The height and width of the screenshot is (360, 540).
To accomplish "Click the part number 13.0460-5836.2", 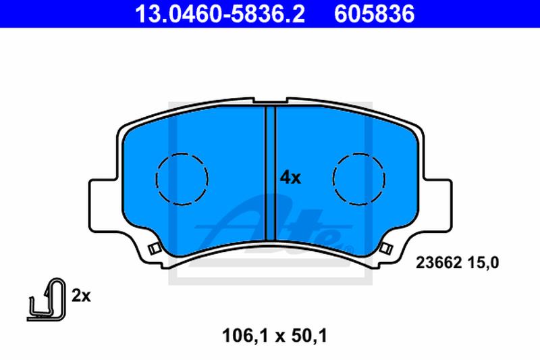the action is pyautogui.click(x=220, y=14).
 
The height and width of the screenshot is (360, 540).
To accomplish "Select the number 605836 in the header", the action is pyautogui.click(x=375, y=14).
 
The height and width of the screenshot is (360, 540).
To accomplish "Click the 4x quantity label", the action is pyautogui.click(x=290, y=178).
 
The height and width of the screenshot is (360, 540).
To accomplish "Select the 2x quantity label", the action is pyautogui.click(x=81, y=296).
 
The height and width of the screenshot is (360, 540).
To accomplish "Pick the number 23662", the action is pyautogui.click(x=438, y=263).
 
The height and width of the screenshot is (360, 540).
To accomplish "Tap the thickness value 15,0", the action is pyautogui.click(x=483, y=263).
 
